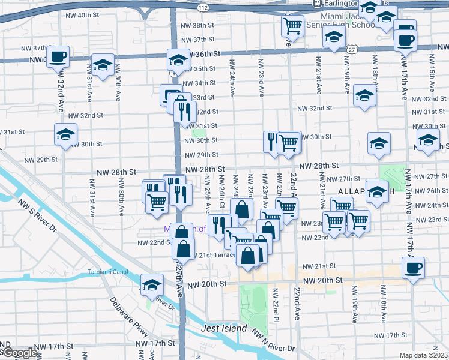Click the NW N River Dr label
coord(273,340)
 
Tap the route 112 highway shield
coord(204,8)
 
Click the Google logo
coord(19,353)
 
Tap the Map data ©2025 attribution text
coord(424,355)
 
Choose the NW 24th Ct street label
coord(221,194)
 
